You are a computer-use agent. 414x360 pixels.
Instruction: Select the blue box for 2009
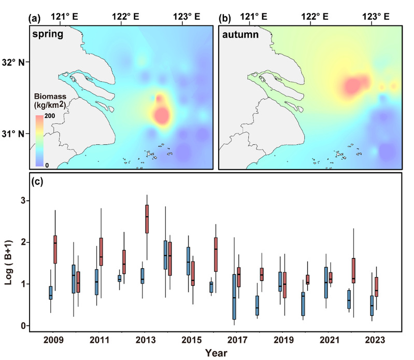tap(50, 293)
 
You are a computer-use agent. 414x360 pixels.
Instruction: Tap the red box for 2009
tap(55, 250)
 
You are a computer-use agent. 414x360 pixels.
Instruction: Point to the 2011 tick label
tap(98, 340)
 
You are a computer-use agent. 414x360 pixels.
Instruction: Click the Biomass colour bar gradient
tap(39, 140)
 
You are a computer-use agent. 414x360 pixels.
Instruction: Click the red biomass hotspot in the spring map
tap(162, 115)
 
